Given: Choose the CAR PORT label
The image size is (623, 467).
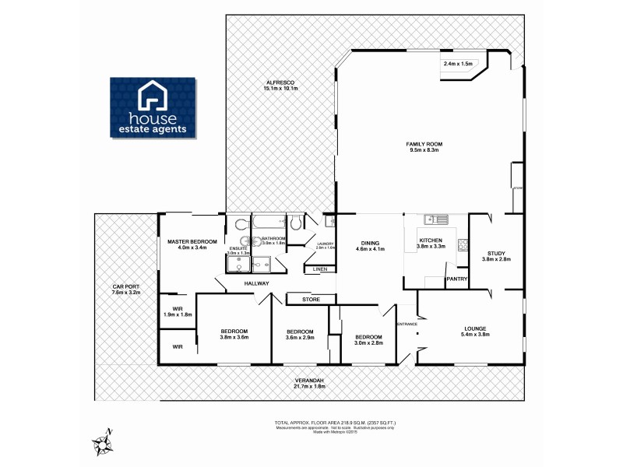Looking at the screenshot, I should [x=125, y=289].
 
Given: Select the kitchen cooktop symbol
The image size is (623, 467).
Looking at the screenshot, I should [x=462, y=246].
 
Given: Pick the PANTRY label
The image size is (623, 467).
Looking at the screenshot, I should [x=456, y=279].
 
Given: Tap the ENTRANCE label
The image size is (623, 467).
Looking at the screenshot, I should [x=407, y=324].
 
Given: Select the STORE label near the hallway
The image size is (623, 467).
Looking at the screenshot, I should [x=311, y=298].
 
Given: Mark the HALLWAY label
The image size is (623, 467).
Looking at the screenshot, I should [x=256, y=283].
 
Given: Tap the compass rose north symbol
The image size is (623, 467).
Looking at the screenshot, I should [x=103, y=443].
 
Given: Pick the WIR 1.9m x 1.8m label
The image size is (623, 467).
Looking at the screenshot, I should [x=177, y=311].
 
